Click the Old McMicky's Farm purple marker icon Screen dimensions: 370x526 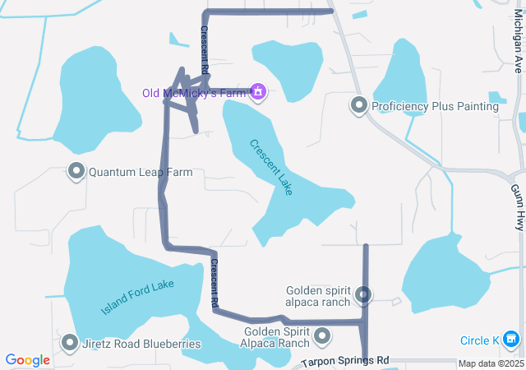point(258,91)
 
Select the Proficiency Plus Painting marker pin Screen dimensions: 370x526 point(358,105)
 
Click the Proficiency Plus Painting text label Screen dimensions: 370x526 point(435,106)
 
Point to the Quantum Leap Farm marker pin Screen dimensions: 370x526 point(76,172)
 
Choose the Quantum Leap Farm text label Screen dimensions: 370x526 point(141,173)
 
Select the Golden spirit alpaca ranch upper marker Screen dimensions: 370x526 point(363,294)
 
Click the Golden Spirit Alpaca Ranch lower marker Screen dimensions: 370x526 point(322,336)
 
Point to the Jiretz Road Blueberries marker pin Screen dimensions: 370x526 point(70,343)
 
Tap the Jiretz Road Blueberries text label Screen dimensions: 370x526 point(141,344)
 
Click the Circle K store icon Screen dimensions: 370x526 point(511,340)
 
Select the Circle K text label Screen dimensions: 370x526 point(480,340)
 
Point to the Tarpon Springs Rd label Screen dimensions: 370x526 point(344,362)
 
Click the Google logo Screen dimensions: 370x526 point(28,360)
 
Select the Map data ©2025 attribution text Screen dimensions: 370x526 point(491,363)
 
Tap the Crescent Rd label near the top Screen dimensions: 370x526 point(205,48)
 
